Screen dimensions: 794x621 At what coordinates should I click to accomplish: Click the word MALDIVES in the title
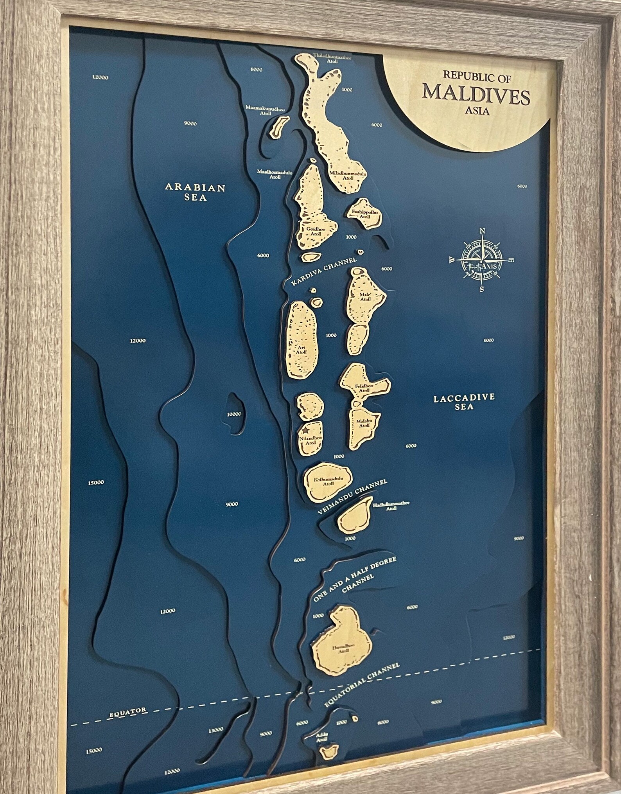pos(477,95)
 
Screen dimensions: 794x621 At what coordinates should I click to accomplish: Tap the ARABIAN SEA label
pos(195,192)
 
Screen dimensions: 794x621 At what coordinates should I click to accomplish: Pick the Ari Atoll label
pos(301,349)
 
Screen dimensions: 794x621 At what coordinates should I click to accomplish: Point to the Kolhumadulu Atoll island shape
pos(328,481)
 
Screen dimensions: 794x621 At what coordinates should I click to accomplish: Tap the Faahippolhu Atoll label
pos(364,214)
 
